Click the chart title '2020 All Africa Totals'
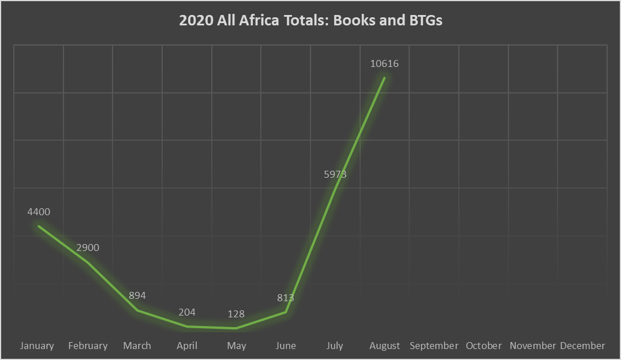tap(311, 20)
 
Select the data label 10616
tap(384, 63)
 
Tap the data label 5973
tap(335, 174)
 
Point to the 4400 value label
tap(39, 212)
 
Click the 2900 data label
tap(88, 247)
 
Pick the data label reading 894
tap(137, 295)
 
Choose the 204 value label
tap(187, 312)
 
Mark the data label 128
tap(236, 314)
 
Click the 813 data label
tap(286, 298)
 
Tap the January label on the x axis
tap(37, 346)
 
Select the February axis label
tap(88, 346)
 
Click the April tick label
tap(187, 346)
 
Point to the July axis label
tap(335, 346)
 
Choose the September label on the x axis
tap(434, 346)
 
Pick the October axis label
tap(484, 346)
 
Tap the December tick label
tap(582, 346)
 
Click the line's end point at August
tap(384, 77)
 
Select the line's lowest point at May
tap(236, 328)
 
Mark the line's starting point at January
tap(39, 226)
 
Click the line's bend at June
tap(286, 312)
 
